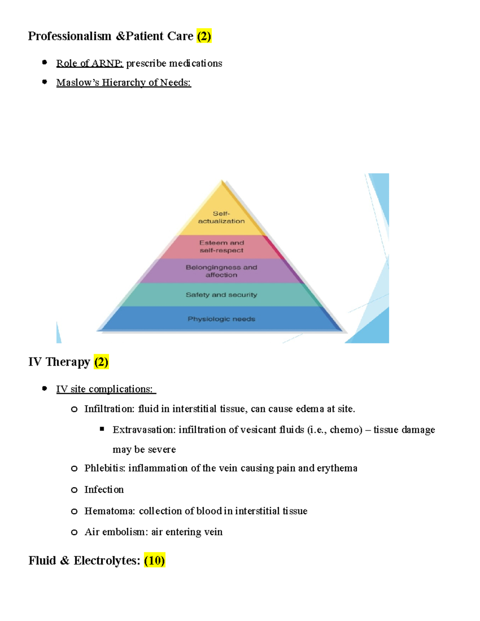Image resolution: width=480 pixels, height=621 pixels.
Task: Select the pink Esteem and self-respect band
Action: tap(221, 246)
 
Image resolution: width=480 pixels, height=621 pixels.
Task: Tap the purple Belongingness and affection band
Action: tap(221, 271)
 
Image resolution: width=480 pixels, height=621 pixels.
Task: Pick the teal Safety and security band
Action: tap(221, 295)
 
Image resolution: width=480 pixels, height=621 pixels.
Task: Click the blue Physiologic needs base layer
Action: tap(221, 319)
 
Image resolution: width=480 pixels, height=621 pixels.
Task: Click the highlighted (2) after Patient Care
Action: tap(204, 36)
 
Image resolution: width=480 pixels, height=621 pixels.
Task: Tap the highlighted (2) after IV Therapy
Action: tap(101, 362)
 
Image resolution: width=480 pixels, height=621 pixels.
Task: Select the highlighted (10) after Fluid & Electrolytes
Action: tap(154, 561)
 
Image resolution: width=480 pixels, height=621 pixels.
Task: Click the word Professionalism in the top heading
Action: tap(70, 36)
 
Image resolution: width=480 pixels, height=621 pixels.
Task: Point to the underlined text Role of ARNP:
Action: tap(90, 63)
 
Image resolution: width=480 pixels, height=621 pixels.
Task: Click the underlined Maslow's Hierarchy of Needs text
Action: tap(124, 82)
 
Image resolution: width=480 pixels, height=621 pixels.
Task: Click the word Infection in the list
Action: tap(104, 490)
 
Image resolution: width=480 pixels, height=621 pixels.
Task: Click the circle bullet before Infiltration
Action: tap(74, 409)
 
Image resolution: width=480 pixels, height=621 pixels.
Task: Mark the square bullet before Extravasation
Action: tap(102, 429)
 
